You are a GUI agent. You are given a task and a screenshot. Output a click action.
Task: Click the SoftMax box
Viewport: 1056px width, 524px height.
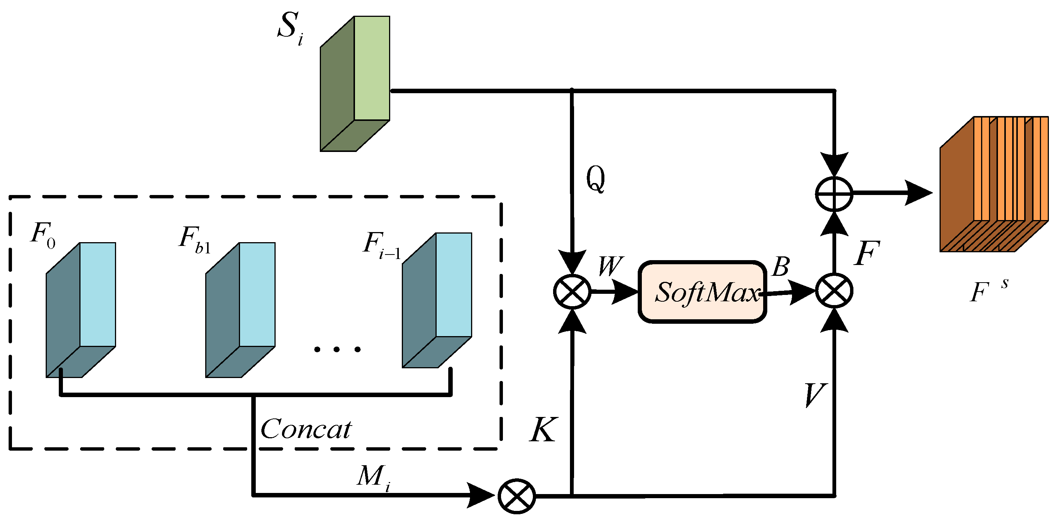702,292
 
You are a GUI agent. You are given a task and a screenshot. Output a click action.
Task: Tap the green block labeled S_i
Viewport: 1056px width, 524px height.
355,83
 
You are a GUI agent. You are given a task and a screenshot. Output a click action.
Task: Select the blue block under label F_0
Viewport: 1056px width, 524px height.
81,310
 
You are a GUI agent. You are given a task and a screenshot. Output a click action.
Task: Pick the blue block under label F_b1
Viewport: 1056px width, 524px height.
241,310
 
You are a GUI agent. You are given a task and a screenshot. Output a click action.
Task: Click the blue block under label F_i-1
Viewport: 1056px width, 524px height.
437,300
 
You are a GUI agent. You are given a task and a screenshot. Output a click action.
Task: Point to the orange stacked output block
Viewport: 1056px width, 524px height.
994,185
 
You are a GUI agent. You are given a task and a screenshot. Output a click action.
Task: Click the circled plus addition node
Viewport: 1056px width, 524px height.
834,194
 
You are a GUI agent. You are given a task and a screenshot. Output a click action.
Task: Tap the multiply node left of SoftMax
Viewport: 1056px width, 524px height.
572,292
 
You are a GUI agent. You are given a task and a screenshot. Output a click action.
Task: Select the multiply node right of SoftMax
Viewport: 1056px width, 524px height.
834,291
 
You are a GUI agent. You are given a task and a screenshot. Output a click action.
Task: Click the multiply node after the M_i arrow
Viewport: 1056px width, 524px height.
516,496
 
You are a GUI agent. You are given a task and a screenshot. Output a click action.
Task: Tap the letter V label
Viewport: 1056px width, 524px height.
814,395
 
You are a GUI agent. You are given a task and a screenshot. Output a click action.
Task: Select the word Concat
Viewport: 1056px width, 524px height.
306,429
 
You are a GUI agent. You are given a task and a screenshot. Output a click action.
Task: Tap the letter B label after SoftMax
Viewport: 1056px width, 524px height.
780,267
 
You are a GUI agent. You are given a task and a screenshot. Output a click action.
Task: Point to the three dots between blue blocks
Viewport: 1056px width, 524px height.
337,349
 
